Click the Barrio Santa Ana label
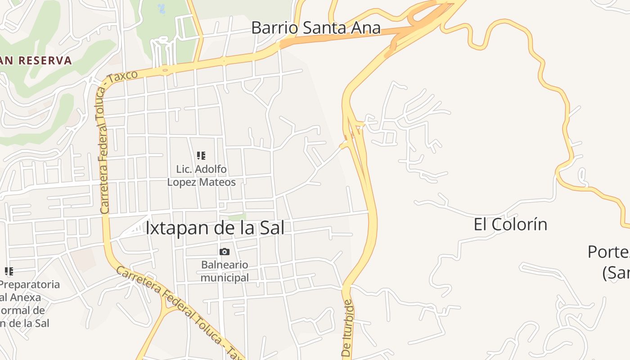point(315,28)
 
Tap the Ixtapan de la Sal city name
point(215,228)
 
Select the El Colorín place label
point(510,224)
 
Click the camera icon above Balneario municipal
point(224,252)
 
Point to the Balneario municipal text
point(224,271)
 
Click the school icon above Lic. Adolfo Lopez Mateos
point(201,156)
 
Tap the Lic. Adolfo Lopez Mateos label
point(201,175)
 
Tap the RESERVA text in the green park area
point(45,60)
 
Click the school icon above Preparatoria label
point(9,271)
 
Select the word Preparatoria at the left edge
point(30,284)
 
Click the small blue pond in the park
point(162,8)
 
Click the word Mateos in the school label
point(218,182)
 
